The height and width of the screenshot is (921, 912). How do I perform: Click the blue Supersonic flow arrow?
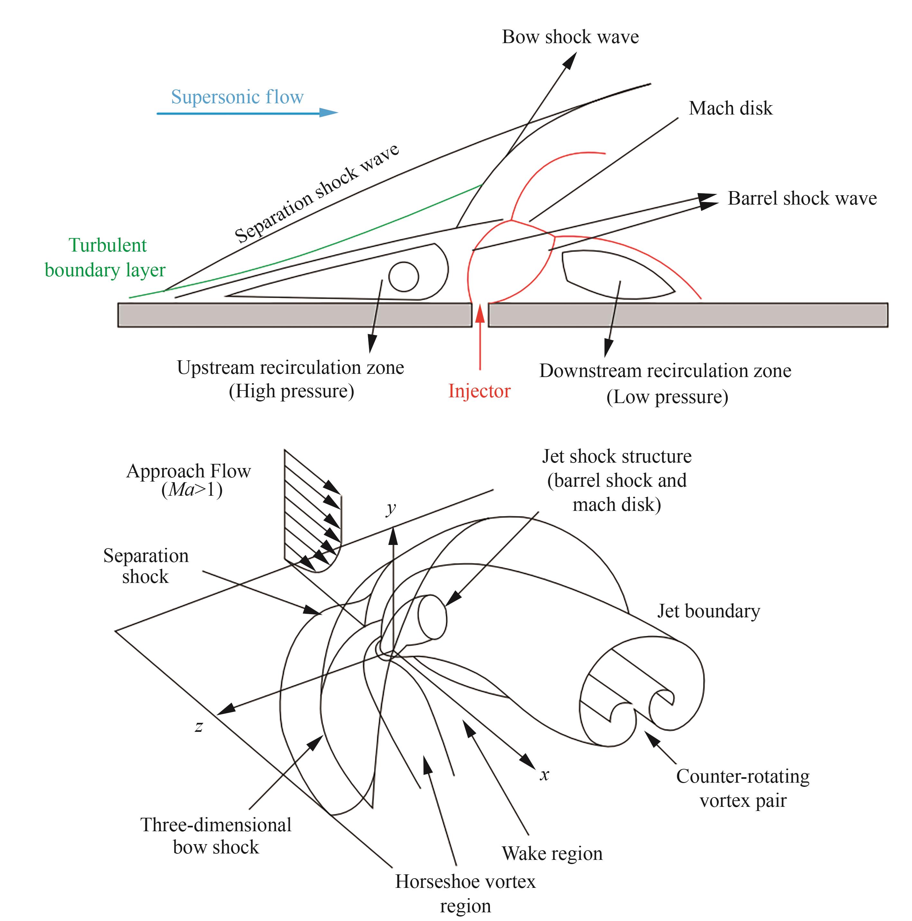click(247, 113)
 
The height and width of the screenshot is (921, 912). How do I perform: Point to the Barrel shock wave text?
click(802, 198)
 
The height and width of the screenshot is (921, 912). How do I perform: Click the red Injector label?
click(479, 391)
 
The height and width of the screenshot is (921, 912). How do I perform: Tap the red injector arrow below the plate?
click(480, 338)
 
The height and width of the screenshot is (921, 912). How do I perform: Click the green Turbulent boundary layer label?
click(106, 257)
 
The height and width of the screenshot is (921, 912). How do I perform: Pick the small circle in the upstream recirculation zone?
click(403, 276)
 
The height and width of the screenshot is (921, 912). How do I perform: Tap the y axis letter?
click(391, 508)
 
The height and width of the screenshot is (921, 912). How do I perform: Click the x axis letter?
click(544, 775)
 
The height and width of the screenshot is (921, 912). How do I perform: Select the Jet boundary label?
click(708, 611)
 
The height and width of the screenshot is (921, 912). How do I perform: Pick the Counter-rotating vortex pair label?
click(742, 788)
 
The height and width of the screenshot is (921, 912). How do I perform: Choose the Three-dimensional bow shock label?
click(216, 836)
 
